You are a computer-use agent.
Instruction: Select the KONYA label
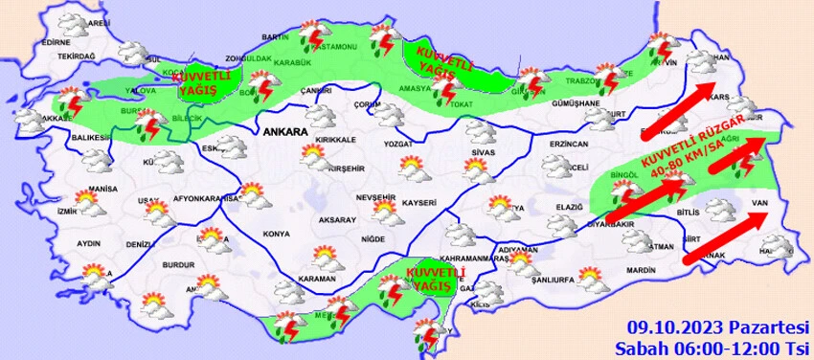277,234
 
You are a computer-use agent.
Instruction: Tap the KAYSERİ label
419,203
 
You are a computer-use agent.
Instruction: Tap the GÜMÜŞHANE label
579,102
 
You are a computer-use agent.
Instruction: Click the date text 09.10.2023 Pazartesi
713,326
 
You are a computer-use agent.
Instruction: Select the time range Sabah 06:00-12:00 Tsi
713,346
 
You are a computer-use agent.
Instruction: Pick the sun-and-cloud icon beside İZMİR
87,204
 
